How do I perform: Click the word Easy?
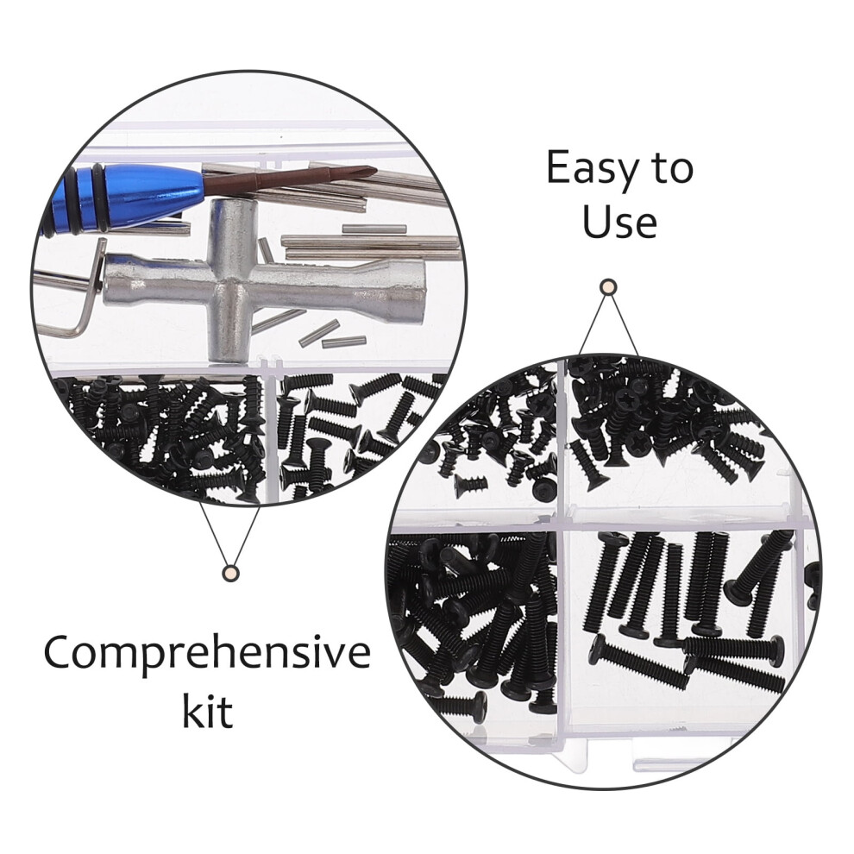point(593,169)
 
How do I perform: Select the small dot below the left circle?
point(230,573)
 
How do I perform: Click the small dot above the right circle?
point(608,286)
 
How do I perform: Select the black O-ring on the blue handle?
point(98,198)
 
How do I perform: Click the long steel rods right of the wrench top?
point(370,248)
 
